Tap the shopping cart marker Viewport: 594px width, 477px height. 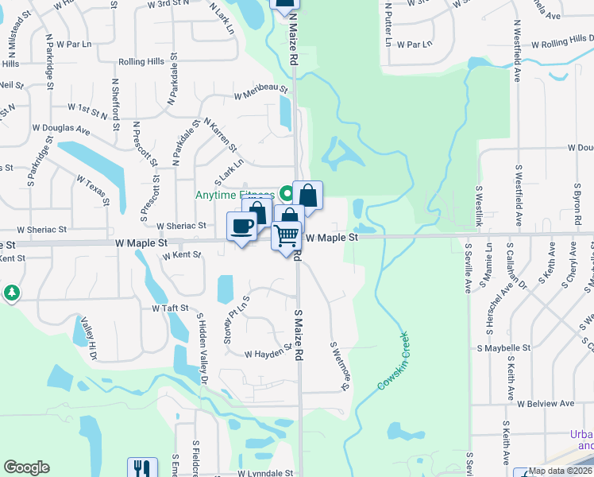(x=286, y=235)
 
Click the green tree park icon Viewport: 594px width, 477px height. (x=11, y=293)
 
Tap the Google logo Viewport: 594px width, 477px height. (x=26, y=467)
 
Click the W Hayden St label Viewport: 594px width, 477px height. (x=264, y=354)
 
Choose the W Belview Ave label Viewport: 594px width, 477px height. (x=546, y=403)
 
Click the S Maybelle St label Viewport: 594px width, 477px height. (x=503, y=348)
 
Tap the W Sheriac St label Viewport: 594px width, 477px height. (x=181, y=226)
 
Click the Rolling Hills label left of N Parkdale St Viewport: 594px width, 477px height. (x=141, y=61)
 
